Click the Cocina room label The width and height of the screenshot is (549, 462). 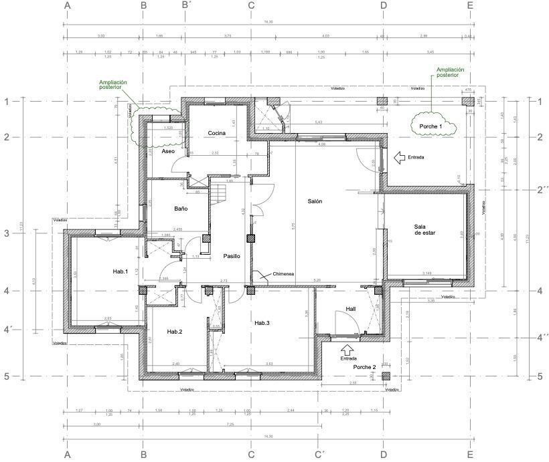pos(216,133)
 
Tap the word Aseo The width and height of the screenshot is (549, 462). pos(169,152)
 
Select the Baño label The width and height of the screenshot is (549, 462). pos(181,209)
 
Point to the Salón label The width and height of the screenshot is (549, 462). pos(315,201)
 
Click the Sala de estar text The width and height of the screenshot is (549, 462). pos(425,229)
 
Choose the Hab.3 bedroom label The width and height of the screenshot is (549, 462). pos(262,323)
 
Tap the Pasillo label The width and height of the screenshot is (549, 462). pos(232,256)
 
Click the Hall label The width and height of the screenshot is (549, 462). pos(350,309)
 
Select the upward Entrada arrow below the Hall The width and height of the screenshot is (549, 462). pos(347,349)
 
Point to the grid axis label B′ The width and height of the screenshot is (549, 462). pos(187,6)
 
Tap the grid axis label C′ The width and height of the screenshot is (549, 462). pos(319,455)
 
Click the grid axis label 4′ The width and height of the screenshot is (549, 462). pos(8,329)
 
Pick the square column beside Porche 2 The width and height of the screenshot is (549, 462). pos(386,376)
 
